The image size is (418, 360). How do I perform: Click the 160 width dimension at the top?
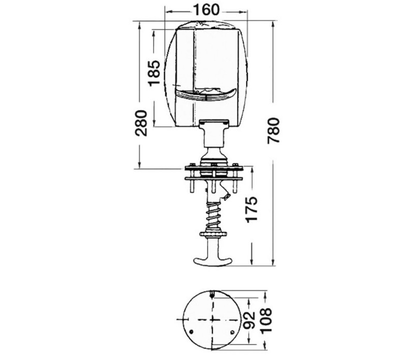coord(206,10)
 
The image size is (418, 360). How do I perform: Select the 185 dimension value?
coord(154,73)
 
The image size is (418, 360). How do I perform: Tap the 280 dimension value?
coord(140,123)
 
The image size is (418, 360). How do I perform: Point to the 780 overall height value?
coord(273,131)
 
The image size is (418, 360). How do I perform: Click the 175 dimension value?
coord(251,209)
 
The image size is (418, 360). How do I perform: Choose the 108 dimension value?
coord(266,320)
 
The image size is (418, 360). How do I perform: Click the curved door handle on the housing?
coord(205,95)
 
